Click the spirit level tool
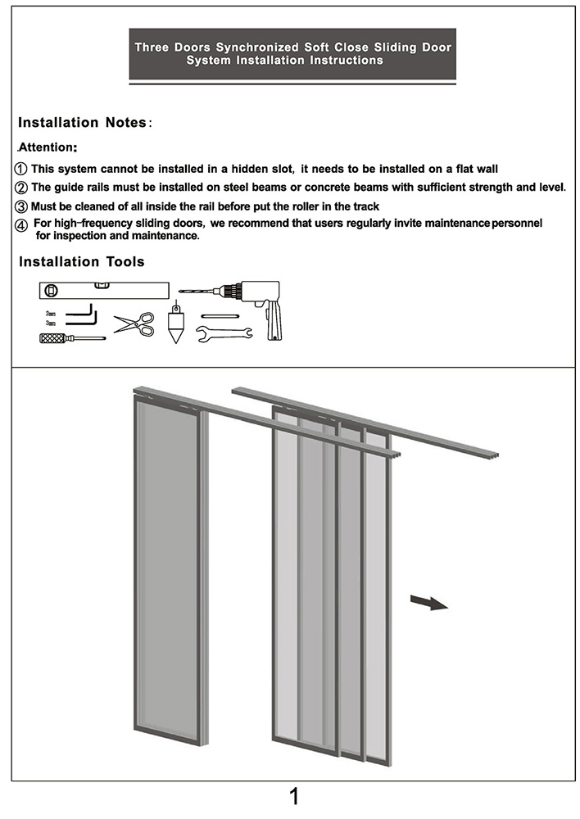(103, 290)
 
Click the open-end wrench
(223, 333)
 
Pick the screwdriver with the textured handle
(70, 337)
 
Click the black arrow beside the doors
(428, 603)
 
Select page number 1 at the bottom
(294, 797)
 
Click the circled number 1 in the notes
(22, 169)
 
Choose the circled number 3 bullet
(22, 206)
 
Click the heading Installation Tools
(82, 262)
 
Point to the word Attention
(47, 148)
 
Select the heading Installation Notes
(82, 123)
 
